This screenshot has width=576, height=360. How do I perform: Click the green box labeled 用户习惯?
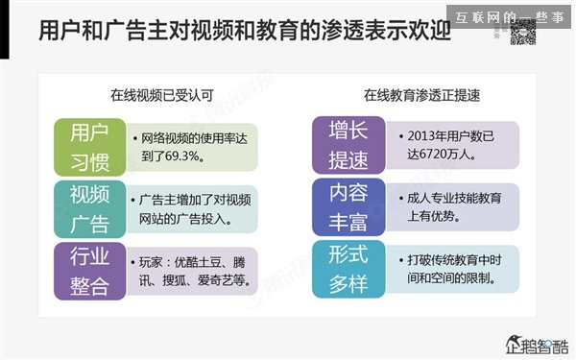pos(89,145)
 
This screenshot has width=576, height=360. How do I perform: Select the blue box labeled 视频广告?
pos(89,208)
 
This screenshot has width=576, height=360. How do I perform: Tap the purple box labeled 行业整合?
pos(89,271)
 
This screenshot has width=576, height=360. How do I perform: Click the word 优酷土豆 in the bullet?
pos(197,264)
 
